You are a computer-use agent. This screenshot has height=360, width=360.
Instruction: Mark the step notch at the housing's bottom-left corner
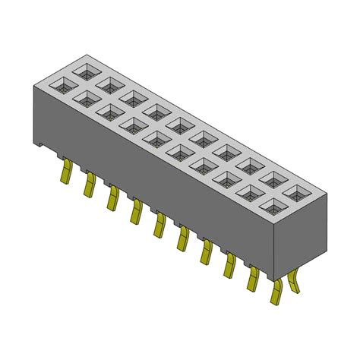[x=39, y=143]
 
